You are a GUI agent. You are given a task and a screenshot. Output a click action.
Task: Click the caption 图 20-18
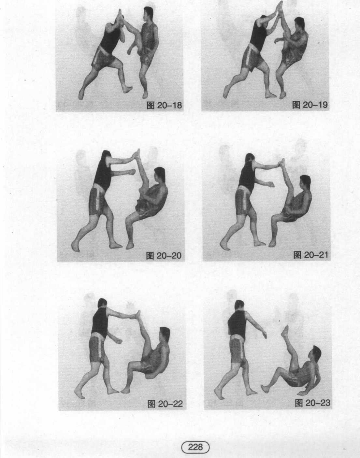(164, 105)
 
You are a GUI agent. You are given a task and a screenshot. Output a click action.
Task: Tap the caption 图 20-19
(310, 105)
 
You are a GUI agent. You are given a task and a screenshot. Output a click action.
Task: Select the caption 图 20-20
(164, 255)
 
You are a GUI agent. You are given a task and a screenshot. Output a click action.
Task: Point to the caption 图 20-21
(311, 255)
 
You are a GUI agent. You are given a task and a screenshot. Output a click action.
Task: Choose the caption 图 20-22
(165, 404)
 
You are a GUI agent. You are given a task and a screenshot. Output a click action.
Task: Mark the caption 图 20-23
(312, 403)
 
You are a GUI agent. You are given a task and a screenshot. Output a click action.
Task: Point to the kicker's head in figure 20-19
(299, 24)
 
